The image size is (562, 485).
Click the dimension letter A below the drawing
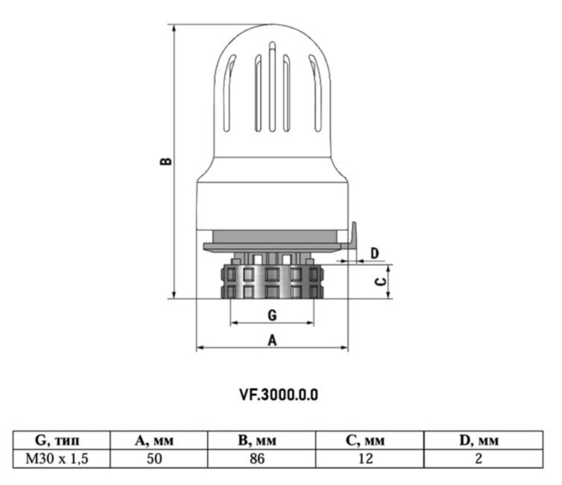coord(272,339)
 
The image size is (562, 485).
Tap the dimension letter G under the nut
coord(272,314)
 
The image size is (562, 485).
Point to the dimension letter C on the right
coord(382,281)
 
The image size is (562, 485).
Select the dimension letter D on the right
coord(374,254)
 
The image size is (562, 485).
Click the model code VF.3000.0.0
coord(279,394)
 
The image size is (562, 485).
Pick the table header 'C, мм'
coord(369,440)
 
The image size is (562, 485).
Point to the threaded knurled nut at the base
coord(272,281)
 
